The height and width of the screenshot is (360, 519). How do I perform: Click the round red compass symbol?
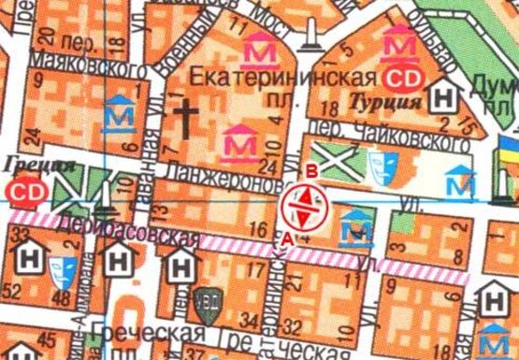tap(302, 205)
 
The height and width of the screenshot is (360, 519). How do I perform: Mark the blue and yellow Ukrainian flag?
tap(509, 147)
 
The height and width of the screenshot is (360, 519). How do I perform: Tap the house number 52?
tap(14, 295)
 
